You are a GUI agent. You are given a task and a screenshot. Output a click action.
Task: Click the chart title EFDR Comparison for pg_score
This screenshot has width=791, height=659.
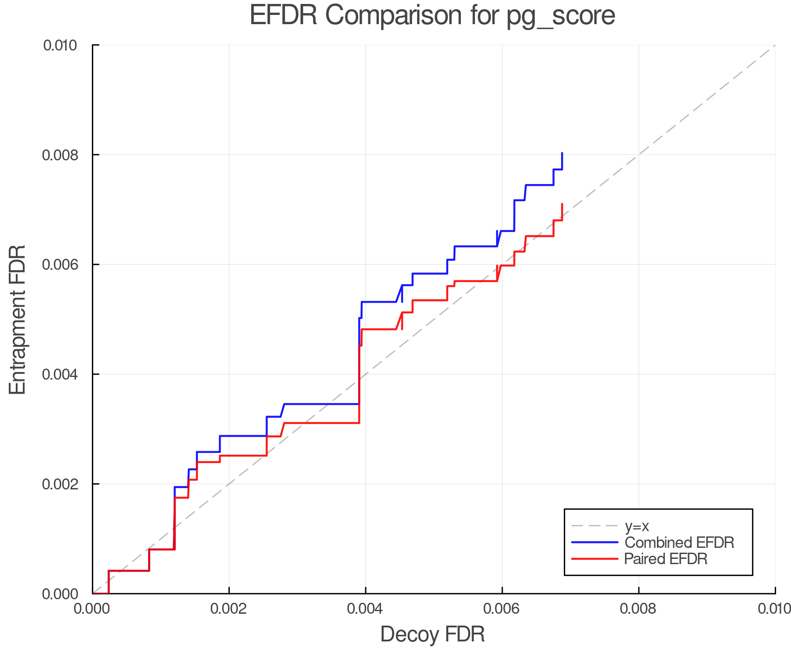[x=432, y=16]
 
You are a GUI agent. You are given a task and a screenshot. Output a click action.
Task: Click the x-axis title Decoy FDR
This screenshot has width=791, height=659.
[x=432, y=634]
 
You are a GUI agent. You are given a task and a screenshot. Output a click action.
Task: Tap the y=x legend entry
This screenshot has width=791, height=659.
[x=637, y=526]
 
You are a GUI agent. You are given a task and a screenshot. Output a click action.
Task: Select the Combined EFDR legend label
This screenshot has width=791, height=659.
[x=679, y=543]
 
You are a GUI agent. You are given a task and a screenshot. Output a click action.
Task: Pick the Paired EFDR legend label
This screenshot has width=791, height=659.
[x=666, y=559]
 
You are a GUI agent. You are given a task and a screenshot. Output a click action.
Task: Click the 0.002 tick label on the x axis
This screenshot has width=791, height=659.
[x=229, y=609]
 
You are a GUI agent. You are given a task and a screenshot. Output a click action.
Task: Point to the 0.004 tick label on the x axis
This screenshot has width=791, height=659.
[x=366, y=609]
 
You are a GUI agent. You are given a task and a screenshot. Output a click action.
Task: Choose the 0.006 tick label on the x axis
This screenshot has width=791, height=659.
[x=502, y=609]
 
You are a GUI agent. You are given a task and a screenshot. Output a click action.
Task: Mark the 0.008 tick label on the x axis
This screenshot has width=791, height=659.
[x=639, y=609]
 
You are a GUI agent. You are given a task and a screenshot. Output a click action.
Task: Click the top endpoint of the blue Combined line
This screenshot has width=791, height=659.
[x=562, y=153]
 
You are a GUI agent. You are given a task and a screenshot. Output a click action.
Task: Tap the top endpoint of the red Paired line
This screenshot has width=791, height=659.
[x=562, y=204]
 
